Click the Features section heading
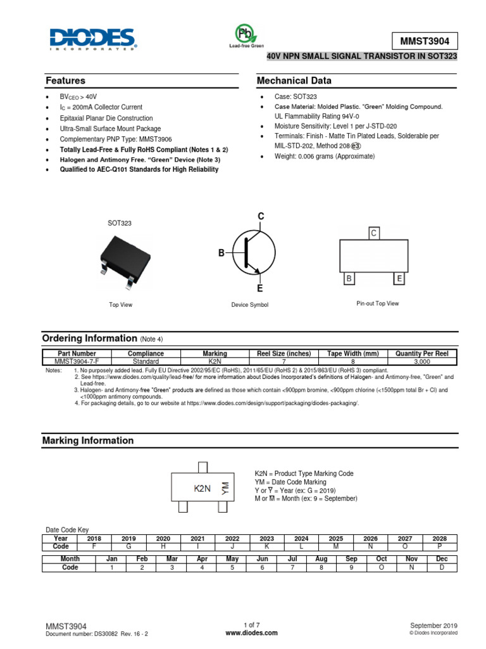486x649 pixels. (65, 81)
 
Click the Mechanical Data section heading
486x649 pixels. (294, 81)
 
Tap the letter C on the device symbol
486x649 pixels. (259, 217)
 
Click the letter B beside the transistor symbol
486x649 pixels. (221, 254)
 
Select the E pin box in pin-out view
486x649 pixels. (399, 279)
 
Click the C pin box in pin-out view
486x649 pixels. (373, 233)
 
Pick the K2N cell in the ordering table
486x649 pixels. (215, 361)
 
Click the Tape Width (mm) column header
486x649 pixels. (352, 354)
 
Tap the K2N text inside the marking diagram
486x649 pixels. (202, 489)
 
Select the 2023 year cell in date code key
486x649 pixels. (267, 538)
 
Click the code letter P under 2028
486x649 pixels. (439, 546)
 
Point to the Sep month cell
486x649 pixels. (351, 559)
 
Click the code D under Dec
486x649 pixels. (441, 567)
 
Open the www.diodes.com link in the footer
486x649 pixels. (251, 633)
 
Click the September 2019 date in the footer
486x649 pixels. (433, 625)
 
